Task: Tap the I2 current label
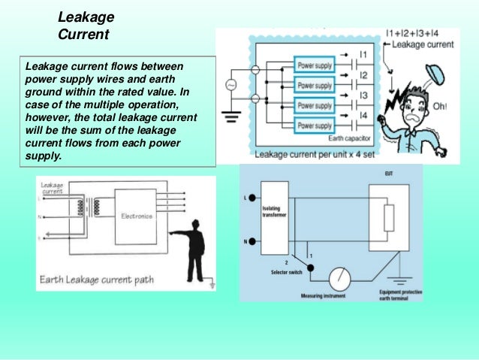pos(362,76)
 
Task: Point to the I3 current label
pos(362,96)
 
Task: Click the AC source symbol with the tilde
pos(230,85)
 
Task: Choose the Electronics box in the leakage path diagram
pos(137,216)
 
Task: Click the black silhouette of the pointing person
pos(193,248)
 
